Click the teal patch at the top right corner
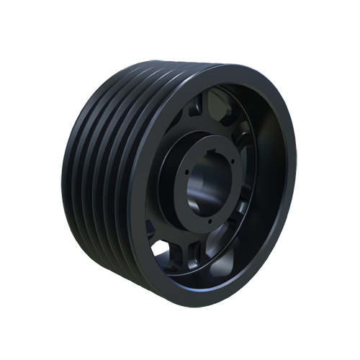pyautogui.click(x=284, y=72)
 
